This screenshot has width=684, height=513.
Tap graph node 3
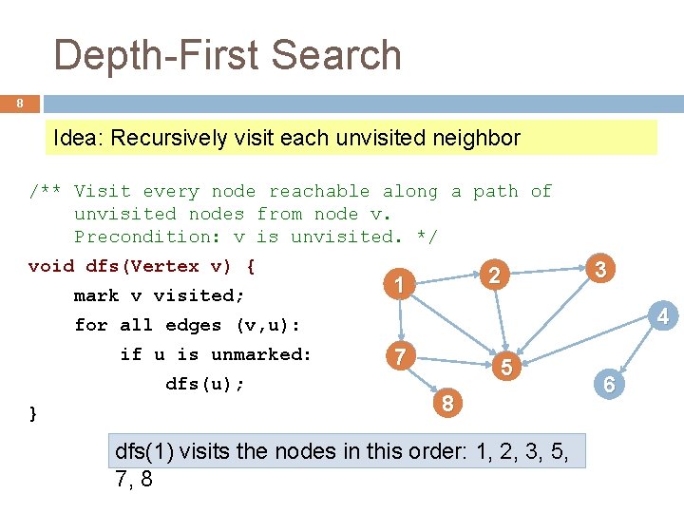(599, 269)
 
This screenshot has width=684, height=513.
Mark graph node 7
(400, 357)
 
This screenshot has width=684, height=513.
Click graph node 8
(447, 405)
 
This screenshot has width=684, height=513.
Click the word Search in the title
(343, 55)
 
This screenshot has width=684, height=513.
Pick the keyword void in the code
(51, 266)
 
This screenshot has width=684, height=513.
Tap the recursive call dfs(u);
(204, 384)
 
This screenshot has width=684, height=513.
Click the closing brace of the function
(34, 413)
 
